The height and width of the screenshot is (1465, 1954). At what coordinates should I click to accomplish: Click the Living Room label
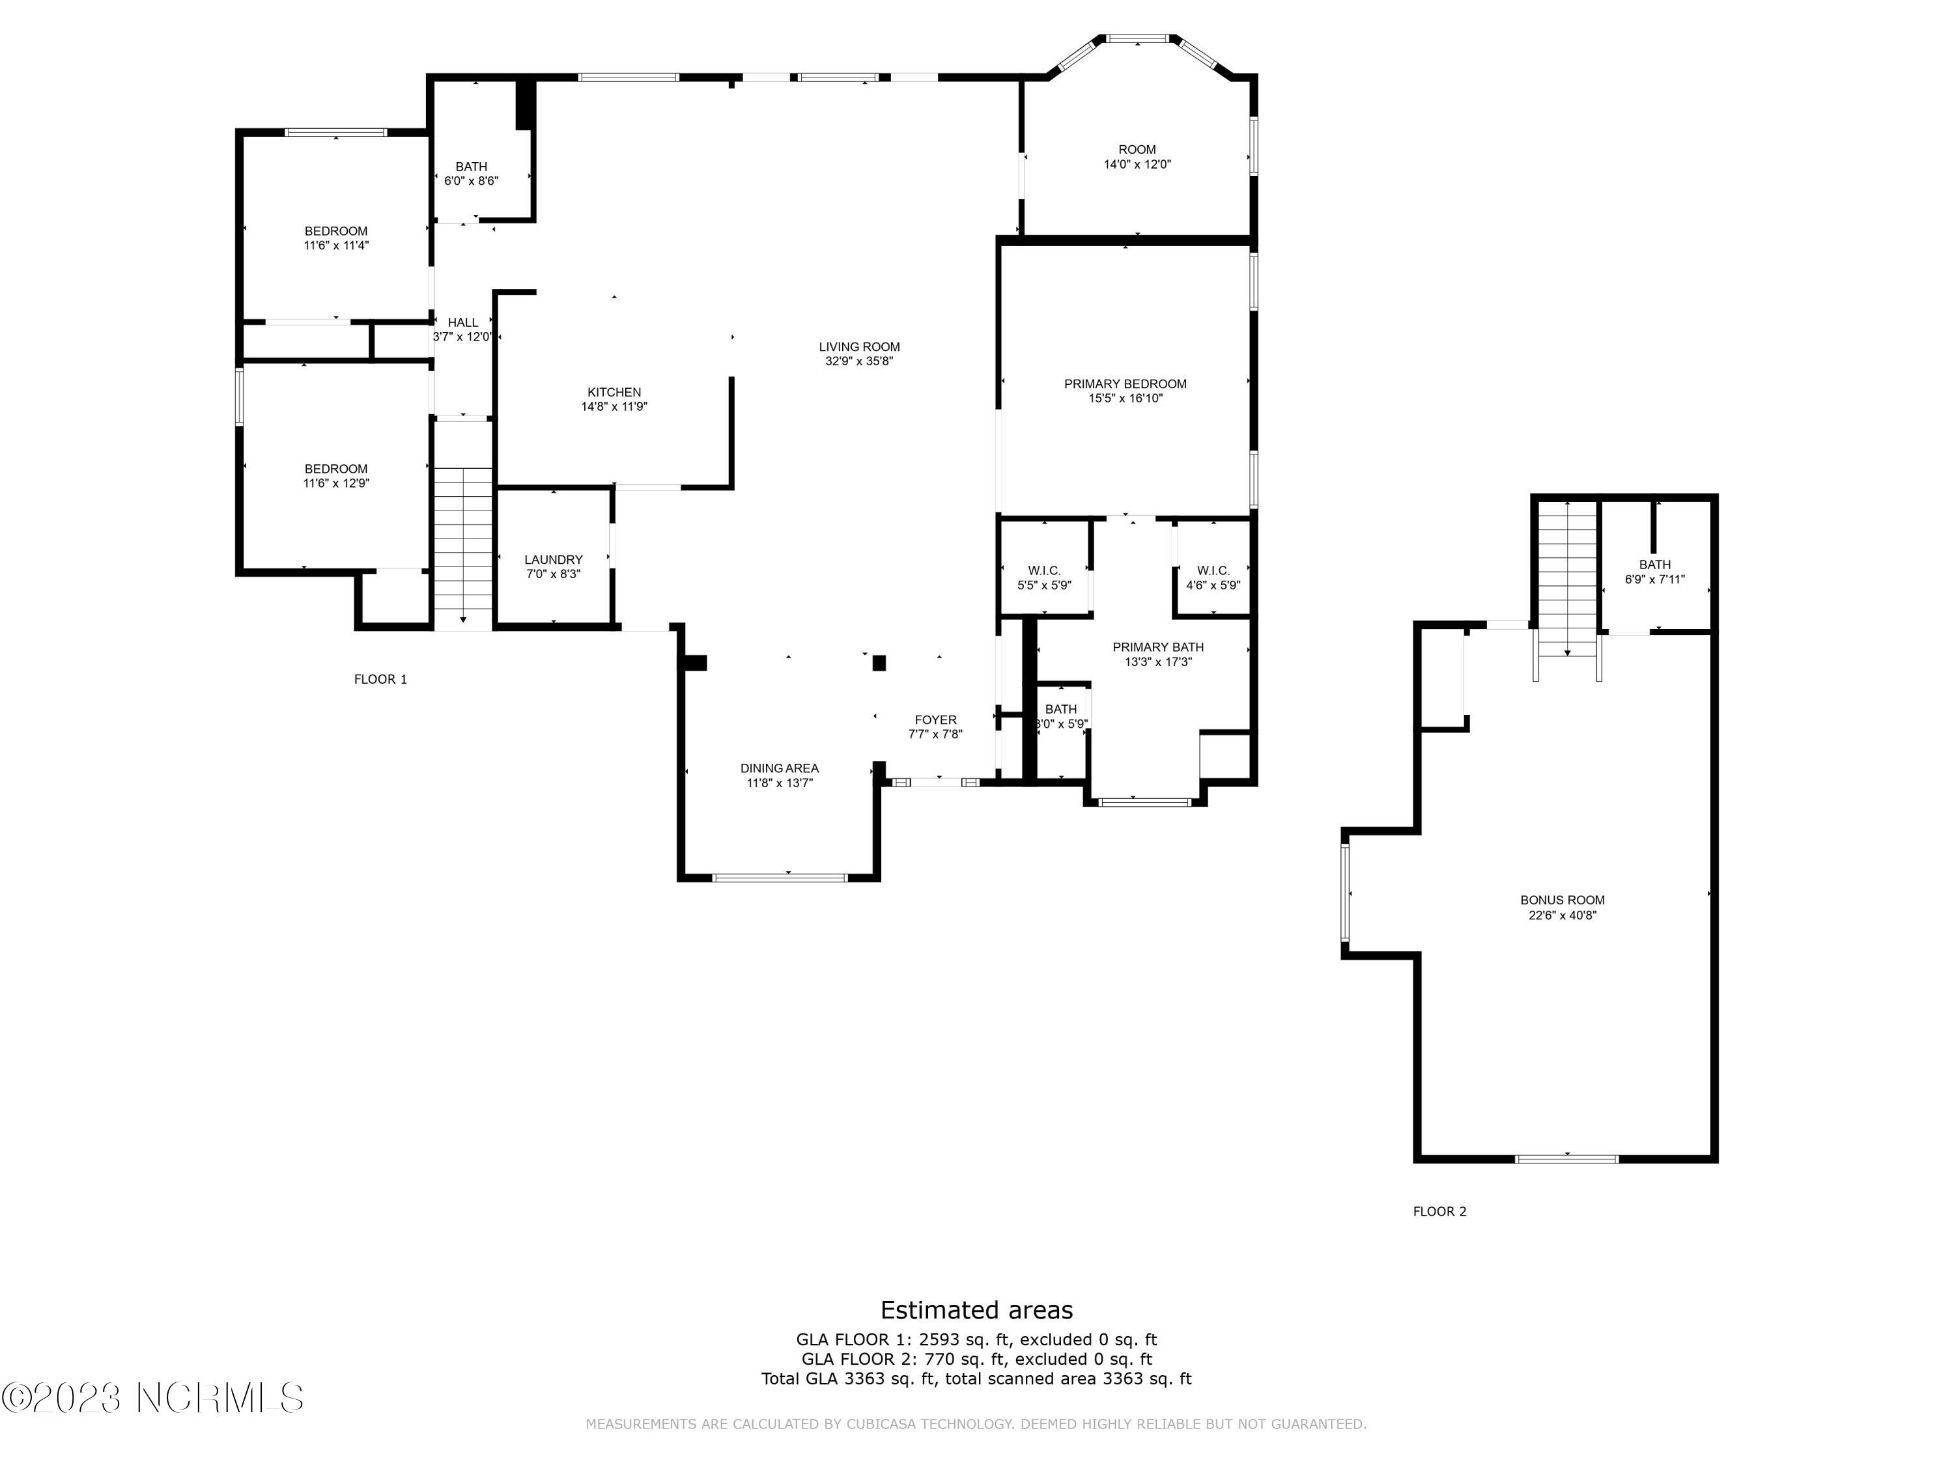(x=858, y=347)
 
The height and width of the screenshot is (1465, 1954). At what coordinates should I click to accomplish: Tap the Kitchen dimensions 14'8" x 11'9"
(x=614, y=407)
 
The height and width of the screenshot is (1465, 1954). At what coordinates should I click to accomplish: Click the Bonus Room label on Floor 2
(x=1562, y=900)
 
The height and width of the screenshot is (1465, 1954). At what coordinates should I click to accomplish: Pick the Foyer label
(x=935, y=719)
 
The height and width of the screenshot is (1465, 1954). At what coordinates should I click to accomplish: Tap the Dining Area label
(x=779, y=768)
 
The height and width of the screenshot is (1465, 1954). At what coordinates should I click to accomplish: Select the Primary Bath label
(x=1157, y=647)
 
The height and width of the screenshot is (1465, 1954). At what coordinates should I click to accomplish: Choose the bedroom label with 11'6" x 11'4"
(x=335, y=231)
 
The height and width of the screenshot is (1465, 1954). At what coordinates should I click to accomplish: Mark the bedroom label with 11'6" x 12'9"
(x=335, y=469)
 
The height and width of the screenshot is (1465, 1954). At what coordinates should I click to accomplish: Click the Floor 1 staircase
(x=463, y=548)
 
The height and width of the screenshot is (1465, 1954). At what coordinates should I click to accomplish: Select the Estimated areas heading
(x=976, y=1309)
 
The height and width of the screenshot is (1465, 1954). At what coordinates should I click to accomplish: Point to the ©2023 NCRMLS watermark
(x=153, y=1398)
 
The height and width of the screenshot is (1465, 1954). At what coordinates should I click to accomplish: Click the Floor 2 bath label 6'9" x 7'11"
(x=1654, y=565)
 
